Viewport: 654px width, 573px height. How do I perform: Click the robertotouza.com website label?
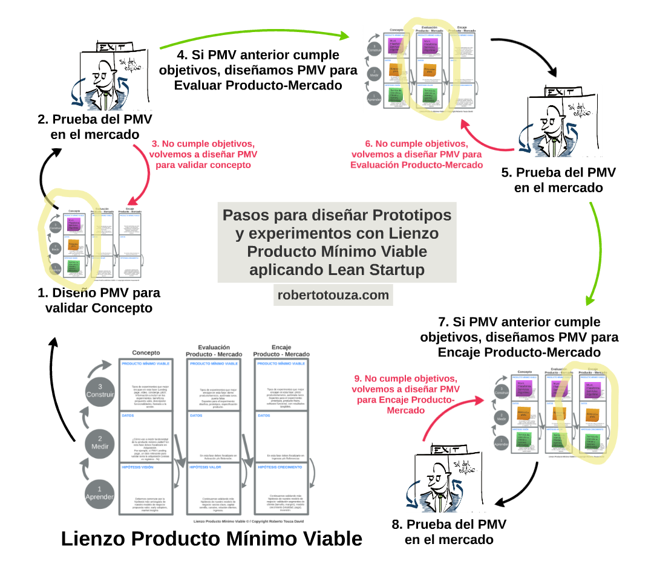334,295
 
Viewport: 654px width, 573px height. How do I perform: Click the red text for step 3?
204,154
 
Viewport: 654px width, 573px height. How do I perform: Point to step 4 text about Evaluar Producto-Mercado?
258,70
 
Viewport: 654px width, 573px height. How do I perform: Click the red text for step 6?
415,154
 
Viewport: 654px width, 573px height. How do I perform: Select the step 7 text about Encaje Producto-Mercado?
518,337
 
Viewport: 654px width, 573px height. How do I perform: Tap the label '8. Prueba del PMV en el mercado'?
448,531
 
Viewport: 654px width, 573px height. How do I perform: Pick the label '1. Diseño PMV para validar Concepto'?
99,300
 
